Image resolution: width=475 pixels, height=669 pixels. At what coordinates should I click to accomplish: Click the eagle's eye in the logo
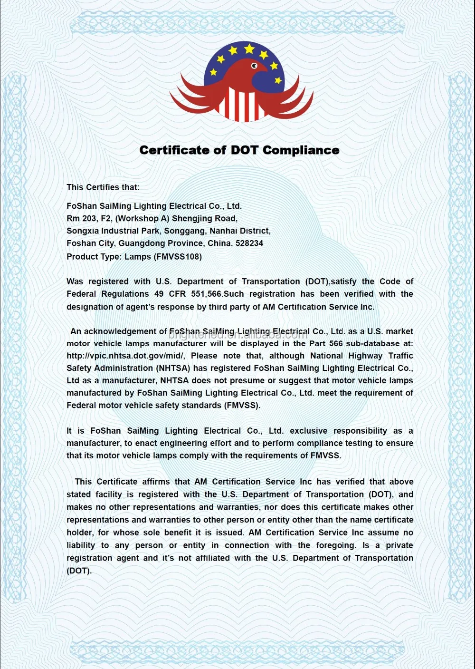254,66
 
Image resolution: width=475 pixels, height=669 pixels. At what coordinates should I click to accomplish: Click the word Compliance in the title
301,150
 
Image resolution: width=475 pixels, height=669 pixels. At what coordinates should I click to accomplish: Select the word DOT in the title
245,150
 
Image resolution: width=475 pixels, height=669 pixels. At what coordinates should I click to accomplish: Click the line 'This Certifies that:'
103,187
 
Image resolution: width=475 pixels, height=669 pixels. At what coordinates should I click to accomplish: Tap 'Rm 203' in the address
79,219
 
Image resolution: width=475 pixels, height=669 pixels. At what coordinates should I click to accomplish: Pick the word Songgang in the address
181,231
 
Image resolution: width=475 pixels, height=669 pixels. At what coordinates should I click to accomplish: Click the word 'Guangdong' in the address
139,243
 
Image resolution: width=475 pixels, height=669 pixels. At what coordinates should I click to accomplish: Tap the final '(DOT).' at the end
79,571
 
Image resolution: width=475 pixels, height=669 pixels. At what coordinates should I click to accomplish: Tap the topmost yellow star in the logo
249,48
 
